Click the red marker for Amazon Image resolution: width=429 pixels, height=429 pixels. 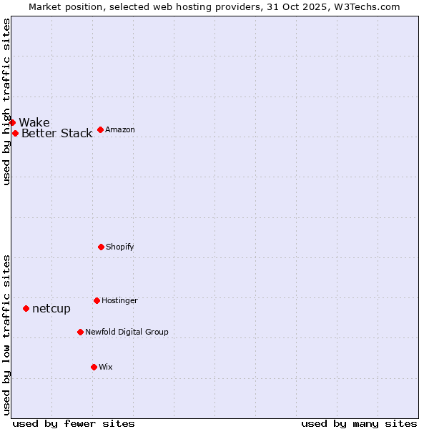pos(100,129)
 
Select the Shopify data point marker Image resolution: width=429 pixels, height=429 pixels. pos(101,247)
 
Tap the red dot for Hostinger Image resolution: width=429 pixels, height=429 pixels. pos(97,300)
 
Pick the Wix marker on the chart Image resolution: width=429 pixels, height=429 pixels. pos(94,367)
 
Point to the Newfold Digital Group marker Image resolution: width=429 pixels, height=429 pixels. pos(80,332)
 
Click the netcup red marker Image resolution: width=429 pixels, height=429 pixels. pos(26,308)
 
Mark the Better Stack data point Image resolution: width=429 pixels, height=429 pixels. pos(15,133)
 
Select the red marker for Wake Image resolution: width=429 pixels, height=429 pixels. pos(12,122)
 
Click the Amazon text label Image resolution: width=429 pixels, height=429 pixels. pos(120,129)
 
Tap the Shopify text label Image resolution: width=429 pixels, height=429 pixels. pos(120,247)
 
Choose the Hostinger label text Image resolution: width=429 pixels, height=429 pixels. pos(119,300)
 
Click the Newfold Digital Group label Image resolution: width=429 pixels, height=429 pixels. pos(127,332)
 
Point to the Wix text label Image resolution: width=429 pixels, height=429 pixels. pos(106,367)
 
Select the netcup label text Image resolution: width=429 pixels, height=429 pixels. pos(51,308)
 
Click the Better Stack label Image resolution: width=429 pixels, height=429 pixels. pos(56,133)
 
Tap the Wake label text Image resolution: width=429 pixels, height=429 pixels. pos(34,122)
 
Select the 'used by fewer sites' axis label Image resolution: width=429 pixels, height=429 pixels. pos(74,423)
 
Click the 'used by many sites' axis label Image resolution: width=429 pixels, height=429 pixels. pos(359,423)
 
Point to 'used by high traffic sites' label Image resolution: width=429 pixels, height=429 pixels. pos(6,102)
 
